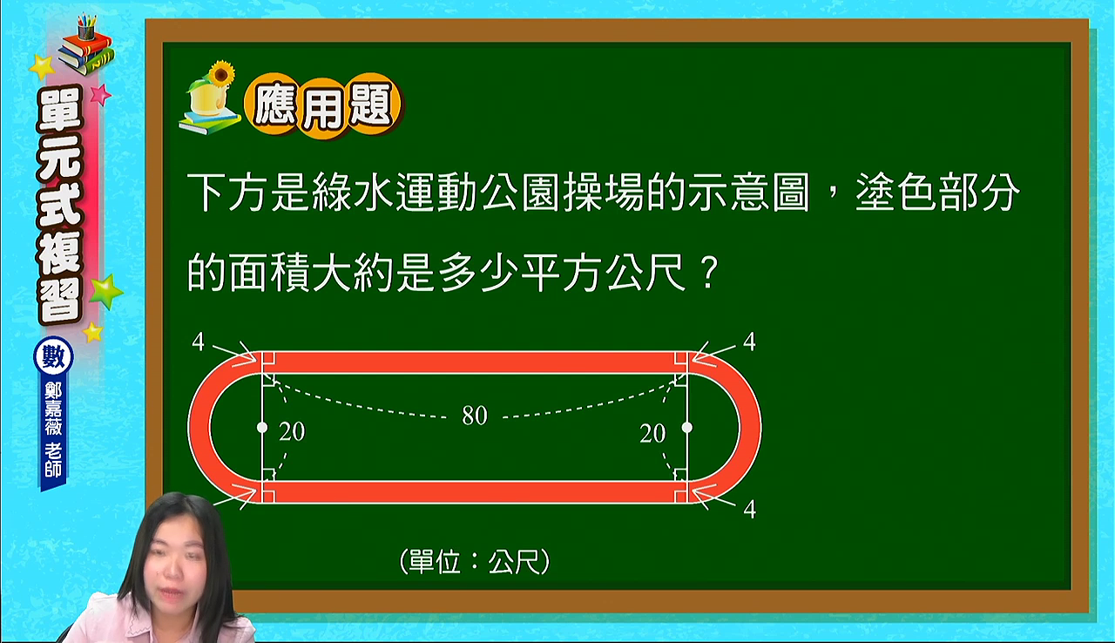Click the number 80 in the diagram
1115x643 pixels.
(475, 416)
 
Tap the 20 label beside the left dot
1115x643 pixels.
(292, 431)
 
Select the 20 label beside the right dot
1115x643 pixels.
(652, 434)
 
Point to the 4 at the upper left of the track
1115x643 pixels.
(198, 342)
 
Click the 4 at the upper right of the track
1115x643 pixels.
(749, 342)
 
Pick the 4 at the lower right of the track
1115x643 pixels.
(750, 510)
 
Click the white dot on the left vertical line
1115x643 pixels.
(262, 428)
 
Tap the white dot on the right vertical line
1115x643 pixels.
(687, 428)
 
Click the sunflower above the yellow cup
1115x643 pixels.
(221, 74)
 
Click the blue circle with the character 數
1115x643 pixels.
(53, 357)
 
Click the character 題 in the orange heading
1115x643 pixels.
(371, 105)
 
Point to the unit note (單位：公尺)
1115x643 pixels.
(475, 562)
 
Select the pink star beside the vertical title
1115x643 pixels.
(100, 95)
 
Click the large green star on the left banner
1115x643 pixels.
(105, 291)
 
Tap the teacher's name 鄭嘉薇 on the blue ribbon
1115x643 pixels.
(53, 409)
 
